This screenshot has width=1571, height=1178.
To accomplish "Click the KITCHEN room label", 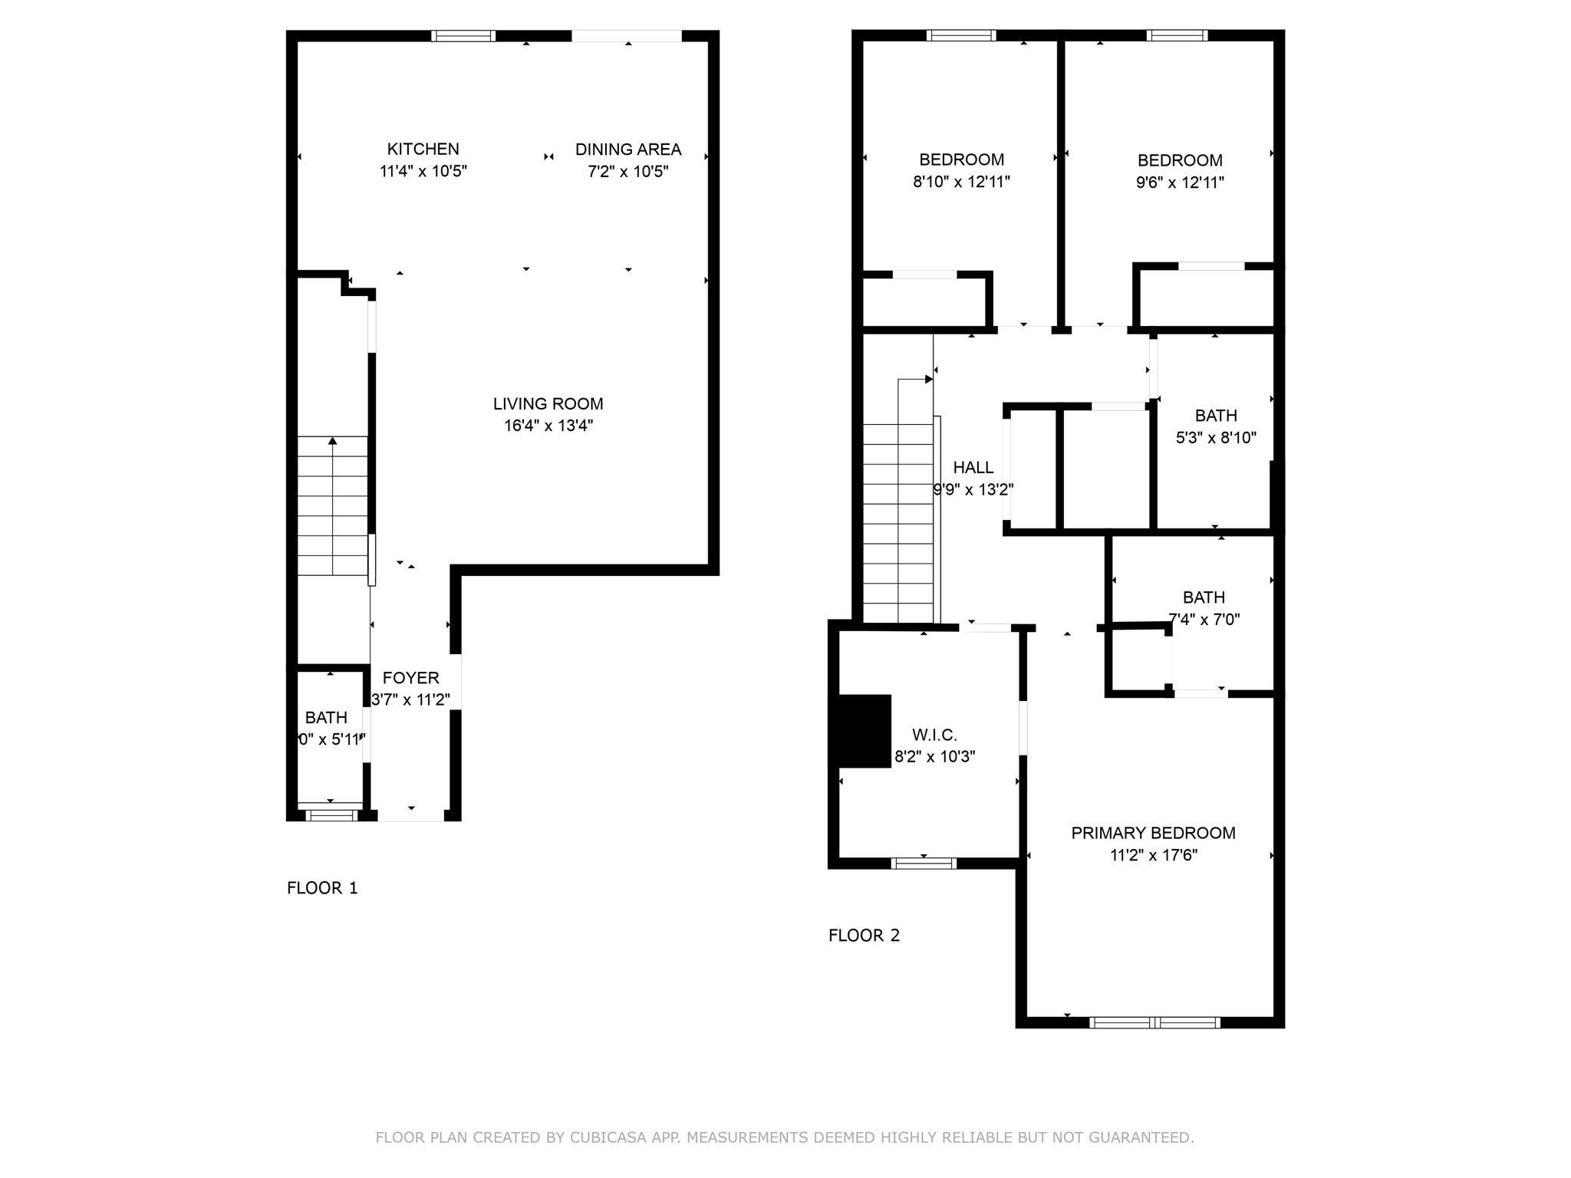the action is (423, 149).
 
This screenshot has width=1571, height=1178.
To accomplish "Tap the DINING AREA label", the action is (627, 150).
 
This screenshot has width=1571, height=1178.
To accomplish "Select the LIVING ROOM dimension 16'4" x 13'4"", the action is (548, 426).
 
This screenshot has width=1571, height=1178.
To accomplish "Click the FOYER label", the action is (410, 678).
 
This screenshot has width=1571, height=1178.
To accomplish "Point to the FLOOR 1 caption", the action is (322, 888).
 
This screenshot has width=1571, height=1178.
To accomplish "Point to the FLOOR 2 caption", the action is (864, 936).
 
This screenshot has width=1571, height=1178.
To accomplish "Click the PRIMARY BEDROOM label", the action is (1153, 833).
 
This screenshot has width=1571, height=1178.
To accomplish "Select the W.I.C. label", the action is (934, 735).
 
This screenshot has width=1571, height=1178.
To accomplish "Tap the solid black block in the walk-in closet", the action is (865, 731).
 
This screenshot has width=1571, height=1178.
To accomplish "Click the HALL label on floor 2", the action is (973, 468).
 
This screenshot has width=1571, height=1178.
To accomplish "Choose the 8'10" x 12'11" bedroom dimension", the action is (961, 182).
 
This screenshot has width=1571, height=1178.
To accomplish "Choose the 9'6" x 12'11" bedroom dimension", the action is (1180, 183).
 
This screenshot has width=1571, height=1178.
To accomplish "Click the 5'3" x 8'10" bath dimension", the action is (1216, 438).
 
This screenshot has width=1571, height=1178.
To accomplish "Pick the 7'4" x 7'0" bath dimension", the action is (1204, 620).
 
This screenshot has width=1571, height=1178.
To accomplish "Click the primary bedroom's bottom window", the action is (1154, 1022).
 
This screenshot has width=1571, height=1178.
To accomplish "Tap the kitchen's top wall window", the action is (463, 35).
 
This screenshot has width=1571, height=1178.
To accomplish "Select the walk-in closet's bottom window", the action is (924, 864).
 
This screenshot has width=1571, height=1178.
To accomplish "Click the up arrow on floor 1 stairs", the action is (332, 441).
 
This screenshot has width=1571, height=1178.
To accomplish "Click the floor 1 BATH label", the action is (326, 718).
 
